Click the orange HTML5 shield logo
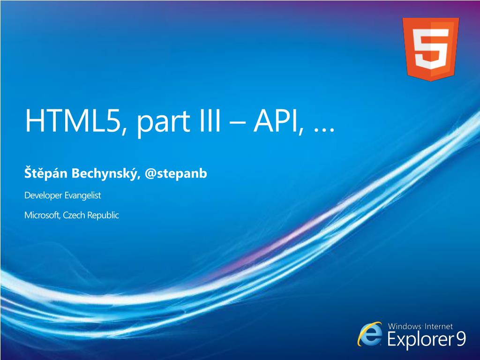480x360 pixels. tap(430, 49)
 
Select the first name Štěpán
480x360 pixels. tap(46, 172)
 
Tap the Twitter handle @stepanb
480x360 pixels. tap(176, 173)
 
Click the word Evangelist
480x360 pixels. tap(82, 195)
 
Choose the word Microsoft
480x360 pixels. tap(42, 215)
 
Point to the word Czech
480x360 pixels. tap(74, 215)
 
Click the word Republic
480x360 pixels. tap(103, 216)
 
